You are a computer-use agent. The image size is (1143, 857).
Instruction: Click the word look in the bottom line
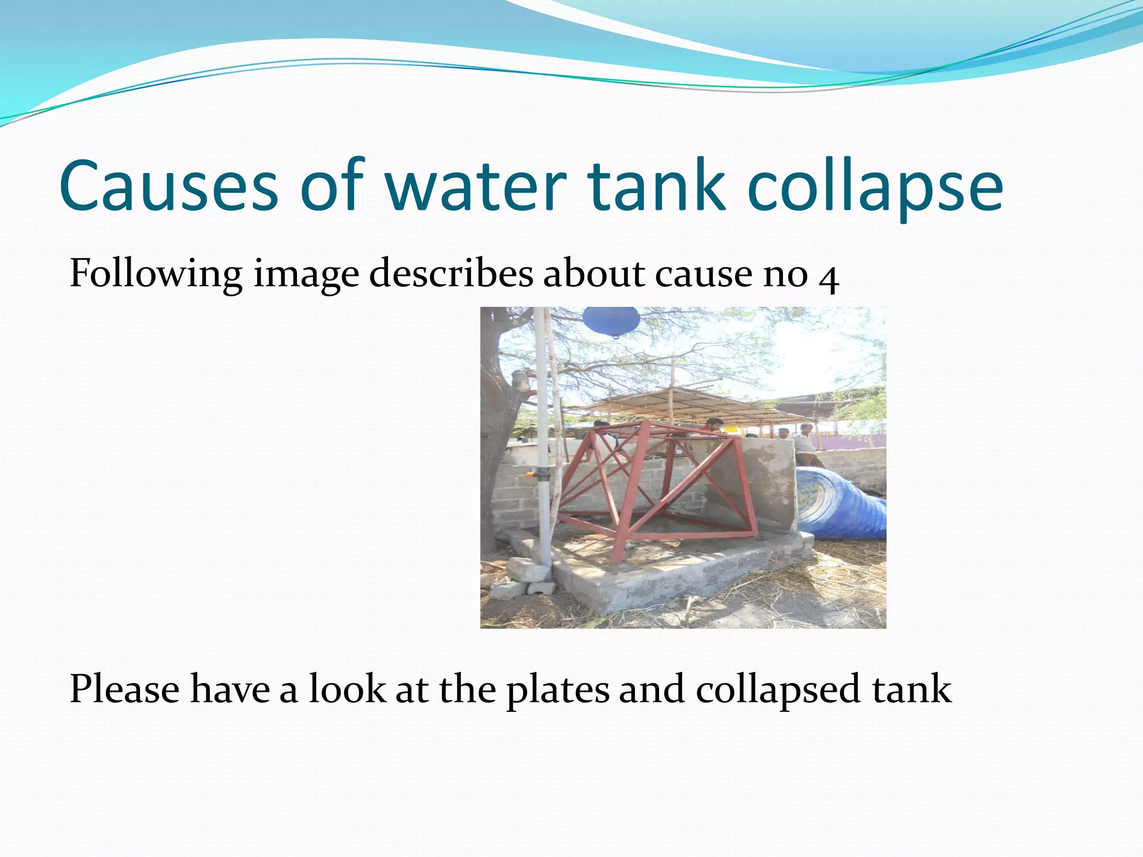[x=347, y=689]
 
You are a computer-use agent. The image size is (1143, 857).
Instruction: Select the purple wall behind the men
[x=848, y=441]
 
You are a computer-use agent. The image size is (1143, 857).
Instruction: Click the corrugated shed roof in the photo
[x=686, y=405]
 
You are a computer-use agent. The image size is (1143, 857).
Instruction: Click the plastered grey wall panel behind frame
[x=765, y=480]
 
